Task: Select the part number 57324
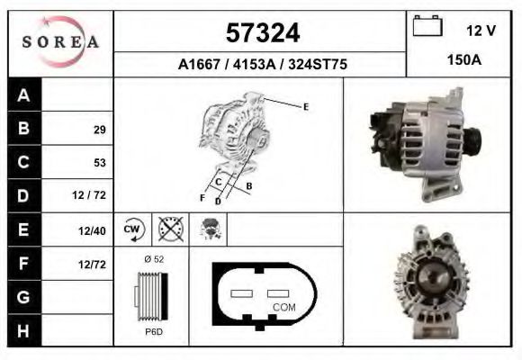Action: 262,33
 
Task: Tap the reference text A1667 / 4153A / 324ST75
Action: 262,65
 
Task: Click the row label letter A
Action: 24,95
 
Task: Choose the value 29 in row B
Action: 99,130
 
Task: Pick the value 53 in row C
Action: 99,163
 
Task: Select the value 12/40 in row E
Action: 94,230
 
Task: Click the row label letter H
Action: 24,330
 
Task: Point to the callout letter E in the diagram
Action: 306,107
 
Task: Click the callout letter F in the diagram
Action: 202,197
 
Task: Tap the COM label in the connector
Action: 283,307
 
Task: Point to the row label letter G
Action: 24,297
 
